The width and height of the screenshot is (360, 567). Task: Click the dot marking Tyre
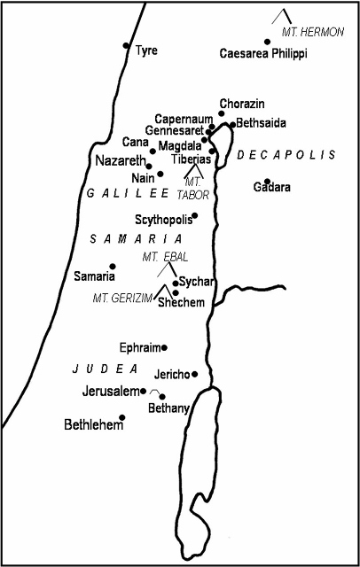126,45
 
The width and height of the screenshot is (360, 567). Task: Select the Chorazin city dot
222,113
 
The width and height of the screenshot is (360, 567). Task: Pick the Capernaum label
183,119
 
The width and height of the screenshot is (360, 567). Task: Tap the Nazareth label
119,161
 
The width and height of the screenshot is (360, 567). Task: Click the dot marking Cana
153,151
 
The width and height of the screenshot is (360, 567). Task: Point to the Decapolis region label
286,155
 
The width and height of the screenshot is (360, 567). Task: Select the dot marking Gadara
267,181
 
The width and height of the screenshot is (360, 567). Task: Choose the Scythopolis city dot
195,215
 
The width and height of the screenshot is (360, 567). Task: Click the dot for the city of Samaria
113,266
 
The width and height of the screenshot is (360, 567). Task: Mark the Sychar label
195,282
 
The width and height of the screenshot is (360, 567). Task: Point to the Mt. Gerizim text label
123,298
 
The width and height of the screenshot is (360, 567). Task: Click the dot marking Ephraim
164,347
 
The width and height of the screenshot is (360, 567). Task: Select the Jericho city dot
195,374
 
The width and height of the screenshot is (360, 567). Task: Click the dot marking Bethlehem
122,417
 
